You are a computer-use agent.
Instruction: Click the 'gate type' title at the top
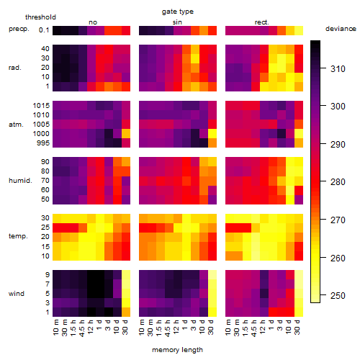178,12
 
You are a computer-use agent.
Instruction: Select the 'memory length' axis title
177,350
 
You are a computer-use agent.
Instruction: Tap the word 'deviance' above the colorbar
341,29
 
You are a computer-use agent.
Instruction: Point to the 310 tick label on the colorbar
338,69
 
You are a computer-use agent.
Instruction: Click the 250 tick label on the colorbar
338,295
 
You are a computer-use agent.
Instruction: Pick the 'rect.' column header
261,22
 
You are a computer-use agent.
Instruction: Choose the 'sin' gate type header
177,22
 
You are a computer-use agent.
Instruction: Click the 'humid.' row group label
20,181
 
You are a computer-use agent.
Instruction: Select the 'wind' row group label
17,294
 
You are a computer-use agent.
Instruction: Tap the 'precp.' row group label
19,29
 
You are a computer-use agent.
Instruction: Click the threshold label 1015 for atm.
41,106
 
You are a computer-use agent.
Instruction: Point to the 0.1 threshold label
44,30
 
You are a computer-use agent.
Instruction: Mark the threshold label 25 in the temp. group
45,228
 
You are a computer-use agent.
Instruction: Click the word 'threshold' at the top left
40,17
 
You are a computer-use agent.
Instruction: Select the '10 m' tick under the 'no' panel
55,327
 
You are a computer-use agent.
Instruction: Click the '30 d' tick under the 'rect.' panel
297,327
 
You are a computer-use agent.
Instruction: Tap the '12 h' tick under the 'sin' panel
176,327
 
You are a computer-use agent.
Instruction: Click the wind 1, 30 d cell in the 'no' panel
126,312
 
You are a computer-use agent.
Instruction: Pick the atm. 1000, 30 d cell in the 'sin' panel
212,134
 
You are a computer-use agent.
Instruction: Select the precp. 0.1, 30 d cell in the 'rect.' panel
299,30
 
